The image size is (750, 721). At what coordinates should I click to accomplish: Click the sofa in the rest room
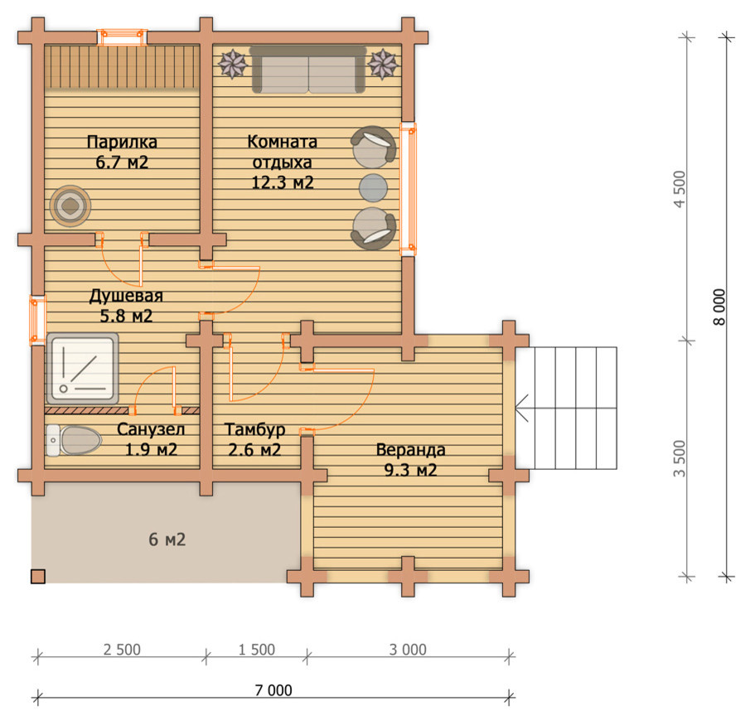[308, 70]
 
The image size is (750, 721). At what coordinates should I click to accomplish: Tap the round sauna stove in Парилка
[70, 206]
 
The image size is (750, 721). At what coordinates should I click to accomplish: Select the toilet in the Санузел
[74, 440]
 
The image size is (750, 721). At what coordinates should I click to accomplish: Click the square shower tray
[83, 369]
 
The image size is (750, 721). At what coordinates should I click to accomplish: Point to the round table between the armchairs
[373, 188]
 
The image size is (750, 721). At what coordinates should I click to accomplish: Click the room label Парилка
[122, 142]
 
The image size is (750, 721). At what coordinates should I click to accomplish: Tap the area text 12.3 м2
[283, 182]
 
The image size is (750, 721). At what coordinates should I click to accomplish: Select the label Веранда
[410, 450]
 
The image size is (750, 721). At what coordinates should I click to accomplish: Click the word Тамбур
[255, 429]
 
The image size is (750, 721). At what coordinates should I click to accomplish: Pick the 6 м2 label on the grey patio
[167, 540]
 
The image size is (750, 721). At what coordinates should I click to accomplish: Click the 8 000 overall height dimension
[719, 307]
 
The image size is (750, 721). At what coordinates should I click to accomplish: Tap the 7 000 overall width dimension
[273, 690]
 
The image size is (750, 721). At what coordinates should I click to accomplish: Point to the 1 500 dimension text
[257, 649]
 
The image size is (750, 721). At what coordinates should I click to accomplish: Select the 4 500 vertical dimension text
[680, 190]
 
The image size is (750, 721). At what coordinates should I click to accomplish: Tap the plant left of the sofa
[233, 64]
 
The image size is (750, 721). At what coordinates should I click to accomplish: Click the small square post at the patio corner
[38, 577]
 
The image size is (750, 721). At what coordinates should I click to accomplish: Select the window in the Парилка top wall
[122, 36]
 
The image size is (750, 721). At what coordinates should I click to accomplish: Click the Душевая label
[126, 296]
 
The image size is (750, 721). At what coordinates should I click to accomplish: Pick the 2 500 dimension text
[122, 649]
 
